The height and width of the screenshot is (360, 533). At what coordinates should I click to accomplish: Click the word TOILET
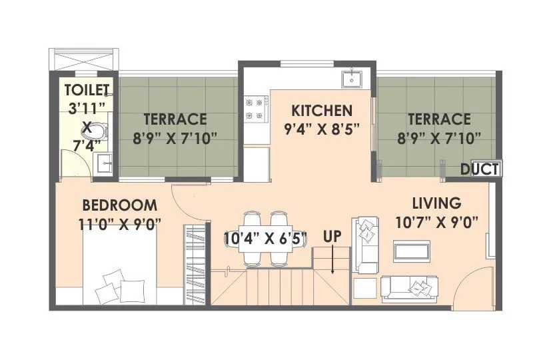coord(89,89)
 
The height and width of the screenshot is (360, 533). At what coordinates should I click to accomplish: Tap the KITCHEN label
coord(321,110)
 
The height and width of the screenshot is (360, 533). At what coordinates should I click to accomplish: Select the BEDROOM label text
coord(119,205)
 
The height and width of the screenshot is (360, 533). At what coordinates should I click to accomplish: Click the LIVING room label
coord(436,203)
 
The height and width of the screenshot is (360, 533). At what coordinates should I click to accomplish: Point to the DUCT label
coord(480,169)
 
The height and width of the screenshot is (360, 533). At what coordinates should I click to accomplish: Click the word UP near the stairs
coord(332,236)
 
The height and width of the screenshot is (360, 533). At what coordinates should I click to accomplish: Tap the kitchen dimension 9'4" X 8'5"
coord(321,129)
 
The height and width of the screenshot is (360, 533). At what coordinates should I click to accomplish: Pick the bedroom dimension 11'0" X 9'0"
coord(119,223)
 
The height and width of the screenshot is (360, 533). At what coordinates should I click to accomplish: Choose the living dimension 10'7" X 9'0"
coord(436,221)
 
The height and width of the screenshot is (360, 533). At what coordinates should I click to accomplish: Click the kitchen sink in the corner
coord(351,79)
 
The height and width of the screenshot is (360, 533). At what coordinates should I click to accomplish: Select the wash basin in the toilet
coord(102,162)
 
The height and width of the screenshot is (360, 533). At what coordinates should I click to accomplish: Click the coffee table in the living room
coord(412,252)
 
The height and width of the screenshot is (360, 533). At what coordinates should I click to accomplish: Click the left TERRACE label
coord(175,119)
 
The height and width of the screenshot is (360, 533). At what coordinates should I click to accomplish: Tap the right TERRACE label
coord(439,119)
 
